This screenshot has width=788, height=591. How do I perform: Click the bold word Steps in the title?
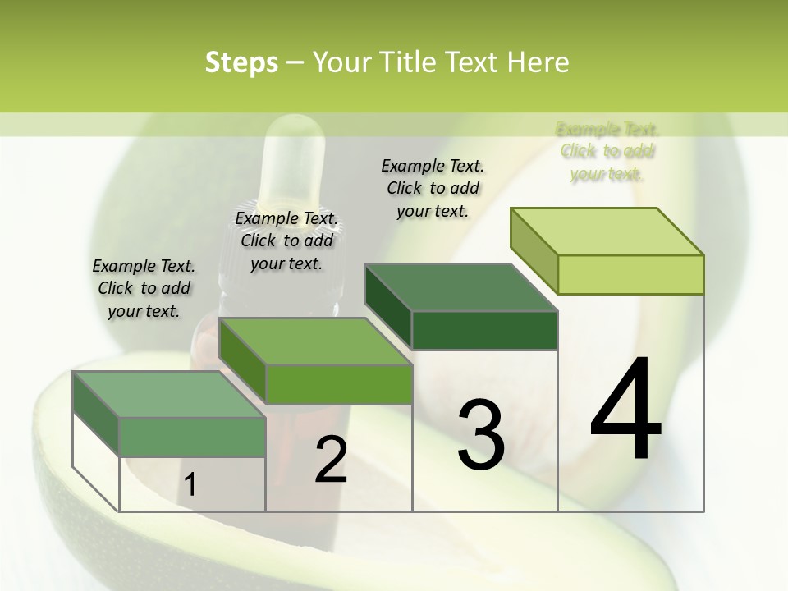tap(241, 62)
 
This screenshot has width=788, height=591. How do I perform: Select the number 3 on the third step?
tap(480, 435)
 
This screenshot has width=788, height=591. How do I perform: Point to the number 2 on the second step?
tap(331, 460)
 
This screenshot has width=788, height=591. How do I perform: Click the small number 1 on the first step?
tap(190, 485)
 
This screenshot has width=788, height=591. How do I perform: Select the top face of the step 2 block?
tap(315, 341)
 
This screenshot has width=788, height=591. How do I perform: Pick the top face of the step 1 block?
tap(169, 394)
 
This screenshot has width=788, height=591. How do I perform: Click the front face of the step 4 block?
tap(630, 274)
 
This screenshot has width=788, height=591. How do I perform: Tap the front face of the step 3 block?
tap(484, 330)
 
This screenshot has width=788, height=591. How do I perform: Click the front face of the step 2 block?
tap(338, 384)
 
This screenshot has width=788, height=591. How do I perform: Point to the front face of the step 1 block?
tap(192, 437)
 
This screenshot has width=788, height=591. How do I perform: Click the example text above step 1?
tap(144, 289)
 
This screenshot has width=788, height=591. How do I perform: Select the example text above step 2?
tap(286, 241)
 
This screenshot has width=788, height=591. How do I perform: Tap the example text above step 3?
tap(433, 188)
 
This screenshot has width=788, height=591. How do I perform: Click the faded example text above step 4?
tap(607, 152)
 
